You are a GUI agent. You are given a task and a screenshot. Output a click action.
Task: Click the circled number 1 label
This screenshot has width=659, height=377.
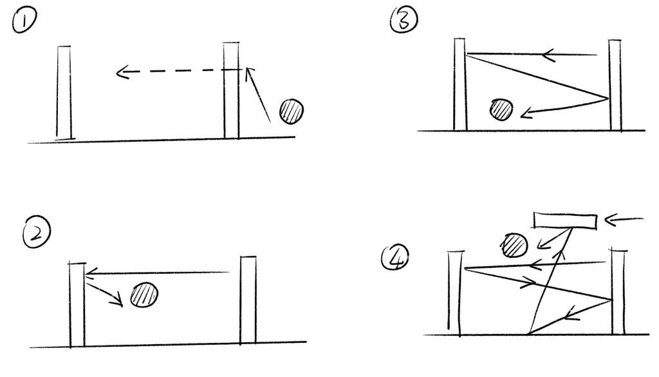tap(24, 21)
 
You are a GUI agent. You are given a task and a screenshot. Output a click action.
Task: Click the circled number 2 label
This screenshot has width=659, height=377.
tap(37, 232)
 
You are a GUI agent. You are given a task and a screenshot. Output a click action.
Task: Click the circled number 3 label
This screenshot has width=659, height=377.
tap(404, 20)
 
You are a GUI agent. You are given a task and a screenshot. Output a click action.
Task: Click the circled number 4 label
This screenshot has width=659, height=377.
tap(395, 258)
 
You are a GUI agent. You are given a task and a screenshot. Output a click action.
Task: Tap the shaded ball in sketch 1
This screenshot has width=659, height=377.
tap(292, 111)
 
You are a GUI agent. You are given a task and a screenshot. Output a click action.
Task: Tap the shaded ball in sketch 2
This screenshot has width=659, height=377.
tap(144, 295)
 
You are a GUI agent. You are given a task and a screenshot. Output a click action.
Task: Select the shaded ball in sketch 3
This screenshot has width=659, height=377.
tap(501, 110)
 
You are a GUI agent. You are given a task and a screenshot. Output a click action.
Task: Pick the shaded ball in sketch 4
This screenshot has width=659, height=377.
tap(514, 245)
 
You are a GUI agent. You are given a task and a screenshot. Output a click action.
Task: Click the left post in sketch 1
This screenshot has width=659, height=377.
tap(64, 93)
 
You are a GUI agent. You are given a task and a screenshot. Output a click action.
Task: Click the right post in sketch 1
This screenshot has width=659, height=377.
tap(231, 90)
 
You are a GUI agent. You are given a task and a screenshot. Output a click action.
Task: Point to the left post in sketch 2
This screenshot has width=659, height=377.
tap(77, 305)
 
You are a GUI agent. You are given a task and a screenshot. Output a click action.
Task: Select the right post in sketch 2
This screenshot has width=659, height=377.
tap(248, 300)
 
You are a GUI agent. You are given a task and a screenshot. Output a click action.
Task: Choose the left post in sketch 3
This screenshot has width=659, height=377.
tap(459, 84)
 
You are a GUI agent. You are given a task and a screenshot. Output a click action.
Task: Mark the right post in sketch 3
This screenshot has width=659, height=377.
tap(615, 86)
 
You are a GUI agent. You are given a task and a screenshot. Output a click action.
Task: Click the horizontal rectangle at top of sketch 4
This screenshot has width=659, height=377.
tap(565, 221)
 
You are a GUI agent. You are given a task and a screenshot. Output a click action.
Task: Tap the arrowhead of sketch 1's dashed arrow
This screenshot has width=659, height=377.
tap(122, 72)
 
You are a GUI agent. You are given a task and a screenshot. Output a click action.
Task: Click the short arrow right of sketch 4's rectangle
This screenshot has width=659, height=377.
tap(624, 219)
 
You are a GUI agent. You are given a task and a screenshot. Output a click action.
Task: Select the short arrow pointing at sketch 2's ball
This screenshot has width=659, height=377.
tap(104, 294)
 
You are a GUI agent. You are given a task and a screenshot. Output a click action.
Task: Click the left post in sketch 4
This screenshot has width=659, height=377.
tap(454, 293)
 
